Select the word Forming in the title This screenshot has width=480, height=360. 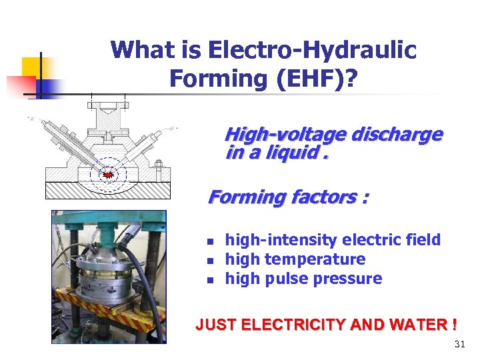211,79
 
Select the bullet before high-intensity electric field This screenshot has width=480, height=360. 209,241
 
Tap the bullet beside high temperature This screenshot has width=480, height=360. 209,260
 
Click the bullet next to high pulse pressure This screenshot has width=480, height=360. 209,279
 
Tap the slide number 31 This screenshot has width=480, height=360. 459,345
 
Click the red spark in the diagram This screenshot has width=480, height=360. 107,175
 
